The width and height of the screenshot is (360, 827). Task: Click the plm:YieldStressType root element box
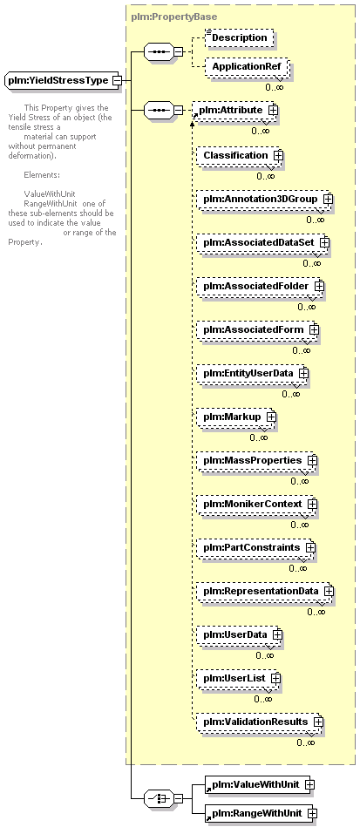coord(64,81)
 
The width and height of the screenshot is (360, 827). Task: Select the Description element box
coord(240,38)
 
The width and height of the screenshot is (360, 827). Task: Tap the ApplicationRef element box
coord(247,67)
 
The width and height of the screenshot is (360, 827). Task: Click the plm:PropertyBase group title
coord(173,17)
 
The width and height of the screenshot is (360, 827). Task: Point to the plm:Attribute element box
coord(234,110)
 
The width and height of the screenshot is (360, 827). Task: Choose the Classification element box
coord(240,156)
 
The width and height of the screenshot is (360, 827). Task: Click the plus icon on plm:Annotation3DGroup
coord(328,200)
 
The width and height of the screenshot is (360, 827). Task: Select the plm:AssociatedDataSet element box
coord(263,242)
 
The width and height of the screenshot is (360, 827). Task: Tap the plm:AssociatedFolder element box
coord(261,286)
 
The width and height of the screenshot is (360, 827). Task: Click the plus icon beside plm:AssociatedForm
coord(314,329)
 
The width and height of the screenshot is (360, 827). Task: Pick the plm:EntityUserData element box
coord(252,374)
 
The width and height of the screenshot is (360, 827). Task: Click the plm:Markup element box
coord(236,417)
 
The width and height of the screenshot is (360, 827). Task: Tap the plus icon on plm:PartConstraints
coord(310,547)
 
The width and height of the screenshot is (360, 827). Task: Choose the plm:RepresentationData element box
coord(265,591)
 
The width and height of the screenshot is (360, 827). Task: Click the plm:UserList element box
coord(238,678)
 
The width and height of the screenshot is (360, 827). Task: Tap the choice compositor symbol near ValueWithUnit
coord(159,799)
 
